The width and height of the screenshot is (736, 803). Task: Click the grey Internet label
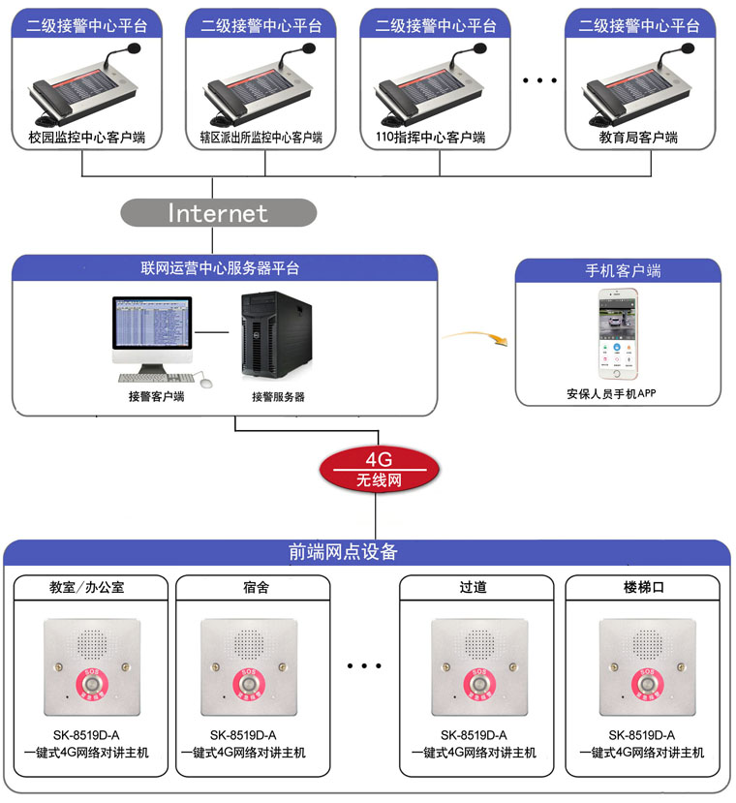[218, 212]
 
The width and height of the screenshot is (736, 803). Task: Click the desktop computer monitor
[151, 325]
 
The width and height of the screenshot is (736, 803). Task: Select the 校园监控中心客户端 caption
[80, 139]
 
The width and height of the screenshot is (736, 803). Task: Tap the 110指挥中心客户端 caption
[429, 139]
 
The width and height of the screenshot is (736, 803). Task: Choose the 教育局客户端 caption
[638, 139]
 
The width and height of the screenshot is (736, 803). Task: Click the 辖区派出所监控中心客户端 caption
[255, 139]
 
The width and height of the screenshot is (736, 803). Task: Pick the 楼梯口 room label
[644, 587]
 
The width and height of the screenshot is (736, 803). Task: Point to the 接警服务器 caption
[278, 396]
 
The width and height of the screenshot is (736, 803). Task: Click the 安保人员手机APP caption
[619, 393]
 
